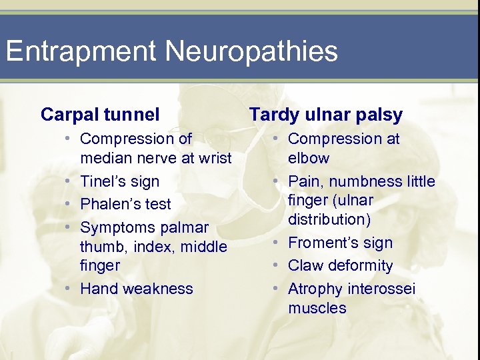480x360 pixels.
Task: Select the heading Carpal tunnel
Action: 100,115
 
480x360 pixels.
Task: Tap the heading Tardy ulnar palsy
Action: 326,115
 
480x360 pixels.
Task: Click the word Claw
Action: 305,265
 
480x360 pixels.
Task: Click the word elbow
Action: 309,158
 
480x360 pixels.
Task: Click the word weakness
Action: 161,289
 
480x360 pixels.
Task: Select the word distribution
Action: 331,219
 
